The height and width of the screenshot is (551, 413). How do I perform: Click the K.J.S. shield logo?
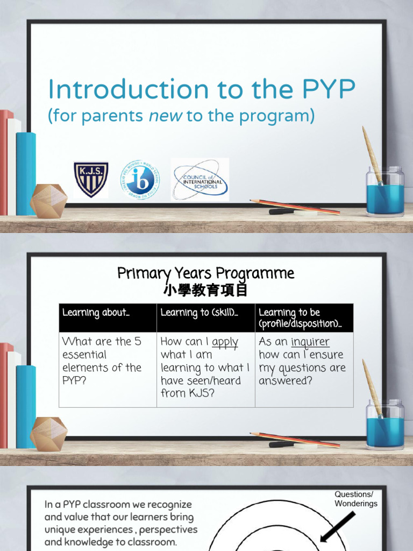tap(90, 180)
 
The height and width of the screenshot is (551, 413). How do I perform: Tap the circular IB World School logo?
tap(139, 180)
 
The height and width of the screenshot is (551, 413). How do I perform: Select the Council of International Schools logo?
tap(200, 180)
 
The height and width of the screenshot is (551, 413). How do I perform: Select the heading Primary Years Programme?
tap(206, 273)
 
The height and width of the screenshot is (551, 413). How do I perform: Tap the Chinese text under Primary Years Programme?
tap(206, 291)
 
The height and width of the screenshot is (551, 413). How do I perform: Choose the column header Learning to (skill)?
tap(199, 313)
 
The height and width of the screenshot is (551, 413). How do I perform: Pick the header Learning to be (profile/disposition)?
tap(300, 318)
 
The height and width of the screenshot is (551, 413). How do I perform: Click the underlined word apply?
tap(225, 342)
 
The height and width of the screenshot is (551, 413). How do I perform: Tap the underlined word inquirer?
tap(310, 342)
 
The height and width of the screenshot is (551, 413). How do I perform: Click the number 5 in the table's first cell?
tap(138, 342)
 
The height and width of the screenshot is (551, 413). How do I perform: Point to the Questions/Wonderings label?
tap(355, 499)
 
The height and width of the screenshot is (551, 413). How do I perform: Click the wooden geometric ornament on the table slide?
tap(48, 434)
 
